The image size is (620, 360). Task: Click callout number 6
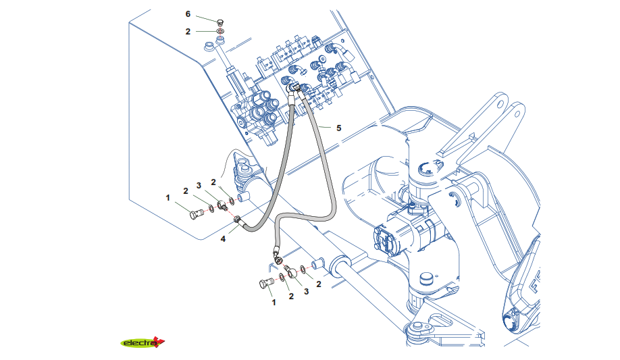point(188,14)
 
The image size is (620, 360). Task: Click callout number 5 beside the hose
point(339,128)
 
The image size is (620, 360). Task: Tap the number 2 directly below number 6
point(188,31)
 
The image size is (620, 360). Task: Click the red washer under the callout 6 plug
point(221,32)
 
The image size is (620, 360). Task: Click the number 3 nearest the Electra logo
point(306,291)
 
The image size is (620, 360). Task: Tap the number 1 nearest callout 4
point(168,197)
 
